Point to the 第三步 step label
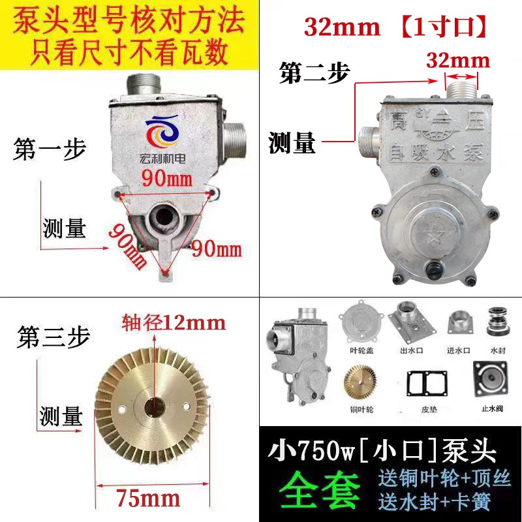tap(52, 337)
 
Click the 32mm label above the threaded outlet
tap(458, 61)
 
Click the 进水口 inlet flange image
tap(457, 323)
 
